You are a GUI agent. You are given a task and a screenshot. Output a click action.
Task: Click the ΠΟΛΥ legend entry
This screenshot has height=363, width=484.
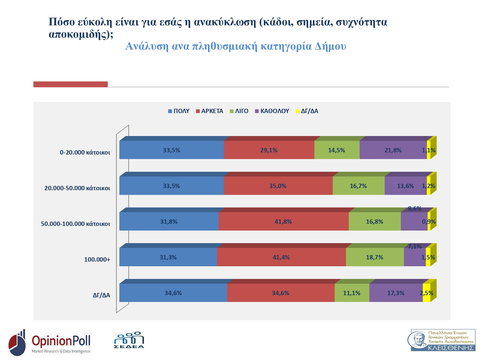coord(179,111)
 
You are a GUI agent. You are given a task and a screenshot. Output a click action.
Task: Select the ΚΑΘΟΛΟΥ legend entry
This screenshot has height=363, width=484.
coord(272,111)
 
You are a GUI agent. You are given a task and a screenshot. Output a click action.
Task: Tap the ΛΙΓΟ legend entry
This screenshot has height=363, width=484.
coord(239,111)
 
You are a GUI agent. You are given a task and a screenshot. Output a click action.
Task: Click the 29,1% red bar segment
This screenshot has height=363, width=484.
coord(269,150)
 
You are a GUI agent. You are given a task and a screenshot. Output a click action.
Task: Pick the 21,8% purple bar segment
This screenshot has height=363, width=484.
coord(393,150)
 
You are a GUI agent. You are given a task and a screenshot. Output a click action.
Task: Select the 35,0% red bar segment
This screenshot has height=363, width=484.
coord(278,186)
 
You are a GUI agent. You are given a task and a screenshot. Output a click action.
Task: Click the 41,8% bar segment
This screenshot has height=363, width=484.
coord(283,222)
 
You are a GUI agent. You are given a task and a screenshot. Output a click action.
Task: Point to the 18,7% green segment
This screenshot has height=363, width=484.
coord(375,257)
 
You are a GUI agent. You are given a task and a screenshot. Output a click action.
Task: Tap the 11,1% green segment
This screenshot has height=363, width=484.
coord(352,293)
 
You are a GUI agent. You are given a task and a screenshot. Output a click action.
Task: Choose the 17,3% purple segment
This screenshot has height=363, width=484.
coord(396,293)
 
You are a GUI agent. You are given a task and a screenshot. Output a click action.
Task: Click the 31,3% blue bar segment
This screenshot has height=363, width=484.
coord(168,257)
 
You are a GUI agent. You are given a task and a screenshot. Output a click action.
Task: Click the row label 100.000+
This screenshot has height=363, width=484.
coord(97,259)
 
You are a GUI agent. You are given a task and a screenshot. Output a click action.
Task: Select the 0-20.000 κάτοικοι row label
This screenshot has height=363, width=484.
coord(85,152)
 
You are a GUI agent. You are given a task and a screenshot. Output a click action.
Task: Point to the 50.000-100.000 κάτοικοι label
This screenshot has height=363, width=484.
coord(75,224)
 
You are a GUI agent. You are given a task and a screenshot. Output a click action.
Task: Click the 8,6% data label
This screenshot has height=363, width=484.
coord(415,209)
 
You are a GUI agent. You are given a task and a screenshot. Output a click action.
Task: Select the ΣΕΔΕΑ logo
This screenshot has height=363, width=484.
coord(129,340)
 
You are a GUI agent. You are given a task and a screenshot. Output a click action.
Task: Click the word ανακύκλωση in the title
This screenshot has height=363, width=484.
coord(225,22)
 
